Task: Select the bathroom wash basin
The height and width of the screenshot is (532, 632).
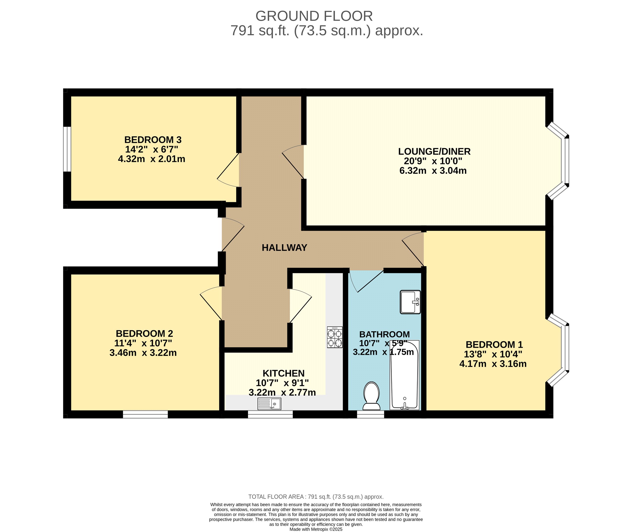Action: point(410,302)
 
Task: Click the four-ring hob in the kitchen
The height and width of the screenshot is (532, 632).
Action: point(335,337)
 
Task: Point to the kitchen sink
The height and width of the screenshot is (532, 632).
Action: point(269,404)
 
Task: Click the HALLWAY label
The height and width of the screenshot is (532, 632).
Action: point(284,248)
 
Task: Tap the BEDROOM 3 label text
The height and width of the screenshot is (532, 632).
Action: point(153,140)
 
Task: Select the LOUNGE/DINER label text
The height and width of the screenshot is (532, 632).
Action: point(434,151)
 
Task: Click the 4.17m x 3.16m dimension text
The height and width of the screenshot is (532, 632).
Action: point(493,364)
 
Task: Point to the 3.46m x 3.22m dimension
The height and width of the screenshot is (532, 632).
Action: point(143,353)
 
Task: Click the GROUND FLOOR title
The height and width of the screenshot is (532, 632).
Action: point(314,16)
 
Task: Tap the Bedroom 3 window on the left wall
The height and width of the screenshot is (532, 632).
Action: point(67,149)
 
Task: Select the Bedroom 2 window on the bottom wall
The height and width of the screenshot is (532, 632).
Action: point(145,414)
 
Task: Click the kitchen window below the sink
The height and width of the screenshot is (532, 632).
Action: point(270,414)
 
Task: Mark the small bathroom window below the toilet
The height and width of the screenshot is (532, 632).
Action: point(371,414)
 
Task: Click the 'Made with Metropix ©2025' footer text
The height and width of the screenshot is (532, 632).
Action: point(316,529)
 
